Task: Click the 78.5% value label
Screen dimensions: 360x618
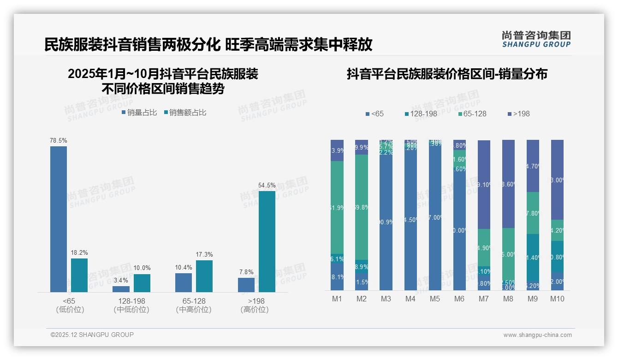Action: [x=59, y=140]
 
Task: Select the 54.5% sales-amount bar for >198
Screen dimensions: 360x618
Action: [x=267, y=241]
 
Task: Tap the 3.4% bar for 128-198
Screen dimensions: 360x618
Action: [x=121, y=289]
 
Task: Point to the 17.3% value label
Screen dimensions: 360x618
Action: [x=204, y=255]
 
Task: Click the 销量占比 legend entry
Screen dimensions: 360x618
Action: [x=139, y=112]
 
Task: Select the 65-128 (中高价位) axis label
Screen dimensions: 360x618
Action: [x=194, y=305]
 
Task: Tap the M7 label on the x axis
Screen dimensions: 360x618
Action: [x=483, y=299]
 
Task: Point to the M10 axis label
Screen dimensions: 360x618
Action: [x=557, y=299]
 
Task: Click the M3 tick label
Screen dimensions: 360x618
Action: [x=386, y=299]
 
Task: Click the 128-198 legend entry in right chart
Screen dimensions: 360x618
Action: [x=421, y=114]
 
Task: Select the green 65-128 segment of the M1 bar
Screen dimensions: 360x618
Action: [x=337, y=208]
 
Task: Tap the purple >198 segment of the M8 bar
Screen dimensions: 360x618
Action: [x=508, y=184]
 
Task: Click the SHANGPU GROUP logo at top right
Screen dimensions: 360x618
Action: [x=536, y=39]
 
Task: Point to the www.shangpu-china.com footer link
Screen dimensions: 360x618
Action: [x=537, y=335]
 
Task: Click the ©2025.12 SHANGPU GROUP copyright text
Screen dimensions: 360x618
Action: [x=92, y=335]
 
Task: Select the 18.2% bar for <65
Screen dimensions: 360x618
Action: [x=79, y=275]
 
